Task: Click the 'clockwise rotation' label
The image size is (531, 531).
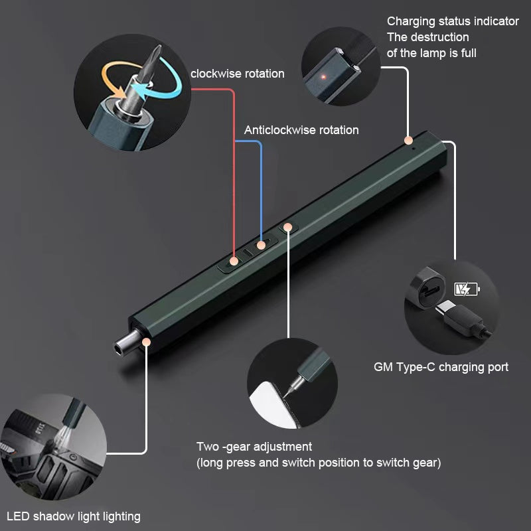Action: (x=238, y=74)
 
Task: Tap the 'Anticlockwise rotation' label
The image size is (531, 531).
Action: (x=301, y=130)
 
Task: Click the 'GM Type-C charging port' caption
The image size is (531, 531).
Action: (x=441, y=368)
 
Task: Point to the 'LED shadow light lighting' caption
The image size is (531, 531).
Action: (x=74, y=516)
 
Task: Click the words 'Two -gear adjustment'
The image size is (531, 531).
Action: (x=254, y=447)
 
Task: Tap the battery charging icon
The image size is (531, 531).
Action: (x=467, y=289)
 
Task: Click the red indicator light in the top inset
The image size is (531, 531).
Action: (x=323, y=77)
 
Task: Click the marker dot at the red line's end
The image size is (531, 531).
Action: (x=234, y=261)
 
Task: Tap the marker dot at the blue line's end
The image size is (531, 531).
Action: (x=261, y=245)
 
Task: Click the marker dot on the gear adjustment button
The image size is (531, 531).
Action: (x=288, y=227)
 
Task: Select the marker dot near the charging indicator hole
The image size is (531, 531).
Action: (x=409, y=140)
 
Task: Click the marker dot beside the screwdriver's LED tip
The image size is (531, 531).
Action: (x=146, y=342)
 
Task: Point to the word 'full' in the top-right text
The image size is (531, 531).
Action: (x=469, y=53)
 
